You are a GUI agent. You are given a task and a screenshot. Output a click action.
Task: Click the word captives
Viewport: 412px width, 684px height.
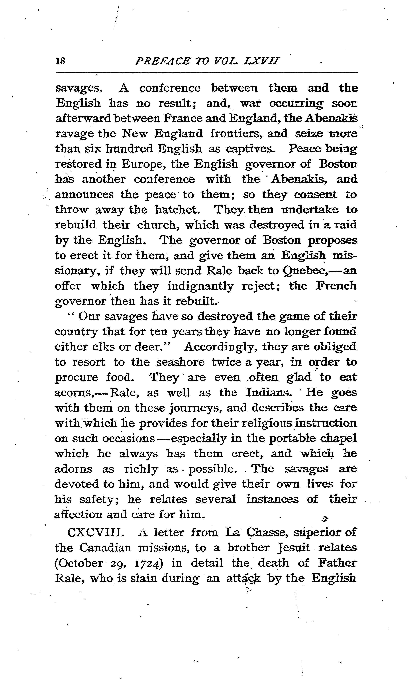[x=250, y=149]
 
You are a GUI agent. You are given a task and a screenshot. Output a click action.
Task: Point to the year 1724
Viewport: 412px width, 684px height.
[x=147, y=563]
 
